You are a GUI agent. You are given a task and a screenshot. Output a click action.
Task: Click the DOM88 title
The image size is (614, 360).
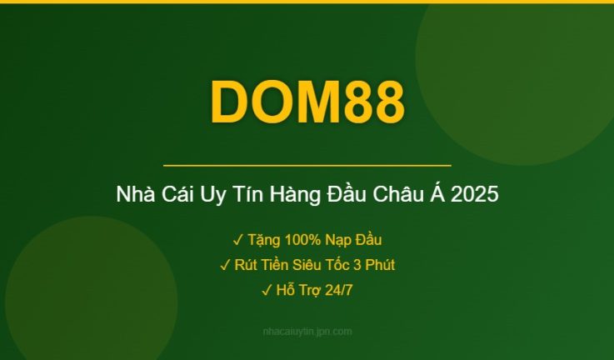point(307,102)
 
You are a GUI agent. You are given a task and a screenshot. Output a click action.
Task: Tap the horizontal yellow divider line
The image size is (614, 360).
point(307,166)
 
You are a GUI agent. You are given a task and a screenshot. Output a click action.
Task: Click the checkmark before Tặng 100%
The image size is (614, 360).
point(238,241)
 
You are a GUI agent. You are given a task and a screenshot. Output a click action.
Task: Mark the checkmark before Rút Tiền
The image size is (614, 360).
point(225,266)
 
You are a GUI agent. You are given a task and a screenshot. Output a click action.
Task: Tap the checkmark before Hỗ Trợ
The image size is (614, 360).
point(267,291)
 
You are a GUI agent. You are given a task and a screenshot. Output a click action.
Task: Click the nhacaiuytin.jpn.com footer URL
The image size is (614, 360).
point(307,332)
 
